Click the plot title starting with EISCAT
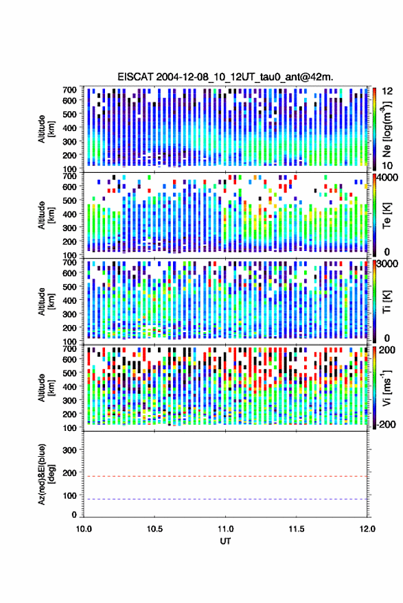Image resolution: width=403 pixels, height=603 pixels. [x=225, y=77]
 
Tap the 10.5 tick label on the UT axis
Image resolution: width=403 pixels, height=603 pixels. [x=154, y=529]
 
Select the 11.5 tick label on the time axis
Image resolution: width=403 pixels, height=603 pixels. [x=296, y=529]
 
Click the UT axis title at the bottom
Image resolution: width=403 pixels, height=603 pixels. [x=225, y=541]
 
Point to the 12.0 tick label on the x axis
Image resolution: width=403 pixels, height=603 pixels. [x=367, y=529]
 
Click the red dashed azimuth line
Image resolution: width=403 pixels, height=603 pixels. [x=225, y=476]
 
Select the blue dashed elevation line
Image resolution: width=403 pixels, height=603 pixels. [x=225, y=499]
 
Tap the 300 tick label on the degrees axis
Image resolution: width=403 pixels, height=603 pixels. [x=69, y=450]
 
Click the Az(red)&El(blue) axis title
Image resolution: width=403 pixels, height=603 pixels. [x=46, y=475]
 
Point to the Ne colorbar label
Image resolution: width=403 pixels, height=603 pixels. [x=387, y=129]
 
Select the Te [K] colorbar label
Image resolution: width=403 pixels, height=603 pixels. [x=387, y=215]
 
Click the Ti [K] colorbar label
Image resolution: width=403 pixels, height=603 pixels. [x=387, y=302]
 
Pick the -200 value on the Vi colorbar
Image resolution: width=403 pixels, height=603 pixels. [x=386, y=424]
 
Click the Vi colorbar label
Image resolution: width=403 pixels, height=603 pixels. [x=387, y=388]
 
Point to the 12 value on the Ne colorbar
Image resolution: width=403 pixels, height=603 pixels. [x=388, y=91]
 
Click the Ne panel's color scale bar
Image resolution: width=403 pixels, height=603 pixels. [x=374, y=129]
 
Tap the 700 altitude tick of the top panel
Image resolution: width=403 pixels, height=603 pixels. [x=69, y=90]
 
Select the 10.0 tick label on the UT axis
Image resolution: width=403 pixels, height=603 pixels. [x=84, y=529]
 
